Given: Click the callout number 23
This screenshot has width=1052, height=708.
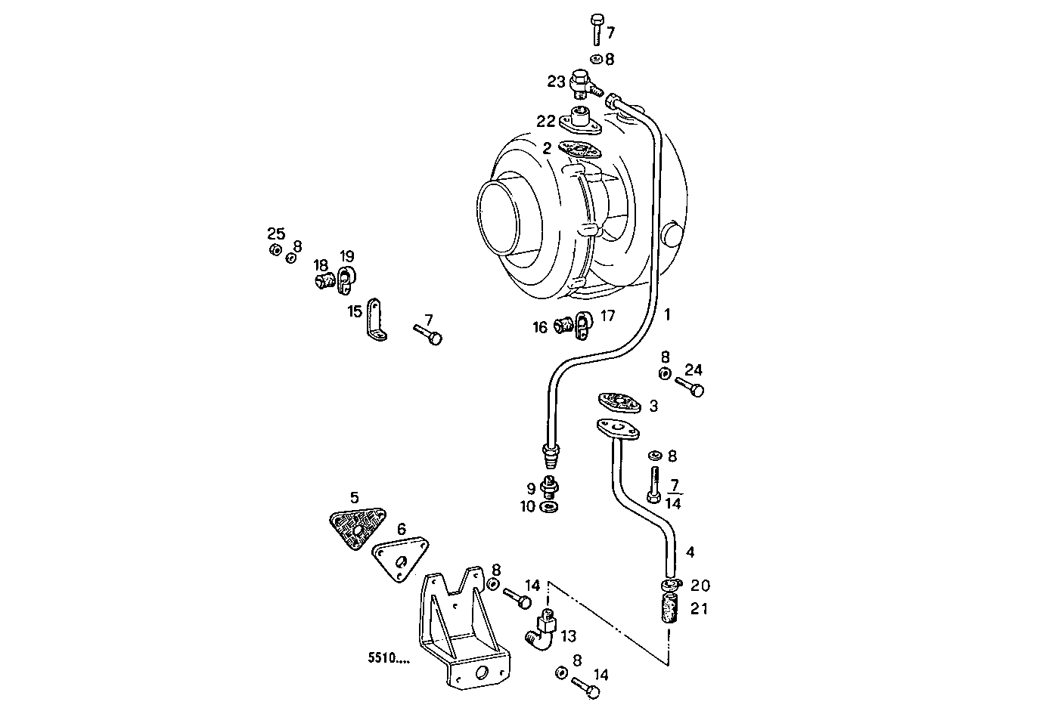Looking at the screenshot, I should pyautogui.click(x=556, y=82).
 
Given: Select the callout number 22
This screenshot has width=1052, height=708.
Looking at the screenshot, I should pyautogui.click(x=547, y=121).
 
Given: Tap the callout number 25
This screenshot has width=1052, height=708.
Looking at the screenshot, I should pyautogui.click(x=275, y=233).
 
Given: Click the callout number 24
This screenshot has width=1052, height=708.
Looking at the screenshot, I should pyautogui.click(x=694, y=369).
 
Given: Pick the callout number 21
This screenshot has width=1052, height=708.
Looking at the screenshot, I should pyautogui.click(x=699, y=608).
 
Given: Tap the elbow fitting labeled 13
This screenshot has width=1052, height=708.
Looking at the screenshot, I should pyautogui.click(x=540, y=632).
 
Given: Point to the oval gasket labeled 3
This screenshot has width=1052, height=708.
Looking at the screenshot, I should pyautogui.click(x=619, y=401).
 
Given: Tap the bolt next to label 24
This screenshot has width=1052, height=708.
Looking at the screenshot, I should pyautogui.click(x=689, y=388).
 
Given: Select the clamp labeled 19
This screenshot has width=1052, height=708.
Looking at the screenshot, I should pyautogui.click(x=346, y=280).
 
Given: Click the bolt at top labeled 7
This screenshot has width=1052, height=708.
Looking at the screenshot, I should pyautogui.click(x=597, y=28).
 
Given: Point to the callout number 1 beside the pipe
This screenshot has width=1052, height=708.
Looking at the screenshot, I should pyautogui.click(x=667, y=314).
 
